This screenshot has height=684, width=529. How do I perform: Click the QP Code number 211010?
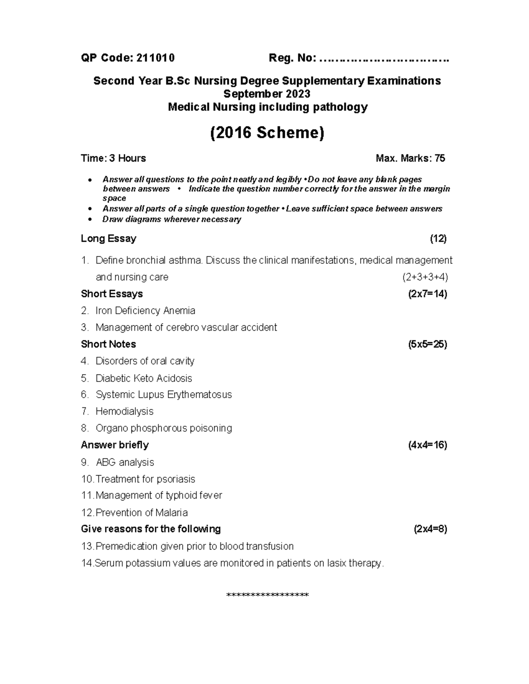click(156, 58)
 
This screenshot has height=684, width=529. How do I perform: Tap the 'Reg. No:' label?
click(292, 58)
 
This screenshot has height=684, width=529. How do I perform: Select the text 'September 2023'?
click(267, 94)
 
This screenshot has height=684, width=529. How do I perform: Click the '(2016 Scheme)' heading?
click(267, 133)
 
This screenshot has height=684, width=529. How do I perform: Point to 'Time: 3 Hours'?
click(113, 158)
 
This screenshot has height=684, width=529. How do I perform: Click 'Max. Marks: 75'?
click(410, 158)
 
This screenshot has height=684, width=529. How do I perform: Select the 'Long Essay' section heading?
click(108, 239)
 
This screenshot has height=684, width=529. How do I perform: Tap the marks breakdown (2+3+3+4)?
click(425, 277)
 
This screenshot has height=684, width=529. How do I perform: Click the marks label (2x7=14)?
click(428, 294)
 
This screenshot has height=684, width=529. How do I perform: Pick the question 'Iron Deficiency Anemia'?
click(145, 311)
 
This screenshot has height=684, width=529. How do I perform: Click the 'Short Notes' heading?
click(108, 344)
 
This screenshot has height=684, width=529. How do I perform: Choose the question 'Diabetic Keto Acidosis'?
click(144, 378)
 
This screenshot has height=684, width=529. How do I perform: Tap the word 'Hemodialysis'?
click(124, 411)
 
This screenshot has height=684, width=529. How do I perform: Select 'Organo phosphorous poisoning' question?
click(164, 428)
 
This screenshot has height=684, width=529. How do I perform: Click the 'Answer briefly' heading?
click(115, 445)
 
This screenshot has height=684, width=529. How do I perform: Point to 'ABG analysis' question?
click(125, 462)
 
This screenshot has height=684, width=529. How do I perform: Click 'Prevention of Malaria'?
click(142, 513)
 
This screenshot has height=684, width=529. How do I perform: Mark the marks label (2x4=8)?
click(430, 529)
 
